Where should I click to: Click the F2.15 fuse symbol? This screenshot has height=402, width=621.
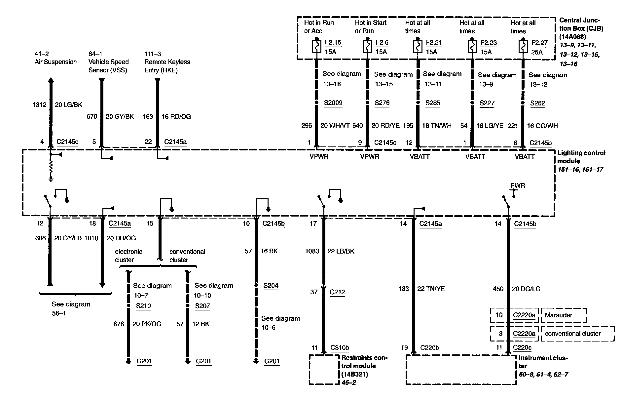click(316, 46)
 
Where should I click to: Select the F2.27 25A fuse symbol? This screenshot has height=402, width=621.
click(523, 46)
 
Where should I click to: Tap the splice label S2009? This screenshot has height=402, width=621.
click(333, 103)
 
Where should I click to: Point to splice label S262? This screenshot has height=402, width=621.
click(537, 103)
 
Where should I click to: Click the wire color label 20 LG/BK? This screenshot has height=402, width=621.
click(68, 105)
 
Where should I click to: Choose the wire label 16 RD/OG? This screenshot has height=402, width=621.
click(176, 116)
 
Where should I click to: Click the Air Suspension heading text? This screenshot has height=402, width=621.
click(55, 62)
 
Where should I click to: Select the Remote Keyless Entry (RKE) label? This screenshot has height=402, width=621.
click(167, 66)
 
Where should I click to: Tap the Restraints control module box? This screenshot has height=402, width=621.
click(324, 370)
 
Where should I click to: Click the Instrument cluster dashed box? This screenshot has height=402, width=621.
click(461, 370)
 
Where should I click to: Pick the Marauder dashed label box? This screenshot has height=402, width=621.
click(563, 315)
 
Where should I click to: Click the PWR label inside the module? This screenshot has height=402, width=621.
click(517, 185)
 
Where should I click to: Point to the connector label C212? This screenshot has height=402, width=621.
click(337, 292)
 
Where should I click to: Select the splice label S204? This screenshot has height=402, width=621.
click(271, 286)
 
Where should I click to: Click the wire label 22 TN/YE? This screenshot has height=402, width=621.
click(431, 289)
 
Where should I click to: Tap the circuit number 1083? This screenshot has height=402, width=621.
click(312, 251)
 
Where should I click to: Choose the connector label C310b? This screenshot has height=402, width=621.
click(340, 347)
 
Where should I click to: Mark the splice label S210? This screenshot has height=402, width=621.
click(143, 306)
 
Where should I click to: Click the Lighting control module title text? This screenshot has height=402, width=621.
click(581, 157)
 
